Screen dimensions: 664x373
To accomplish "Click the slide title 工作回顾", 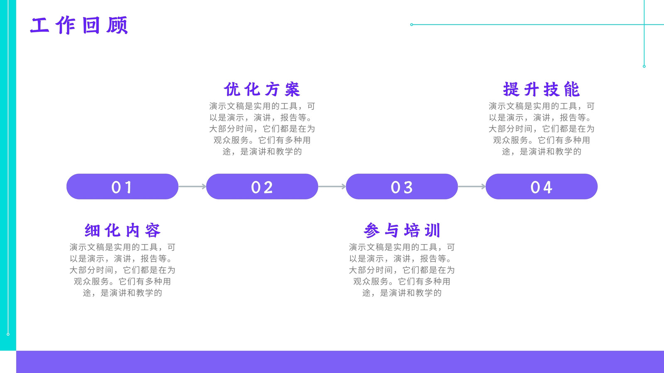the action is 79,25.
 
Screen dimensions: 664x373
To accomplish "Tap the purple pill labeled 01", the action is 122,186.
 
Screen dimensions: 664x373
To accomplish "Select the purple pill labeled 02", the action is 262,186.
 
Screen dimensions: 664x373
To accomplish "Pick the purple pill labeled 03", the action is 402,186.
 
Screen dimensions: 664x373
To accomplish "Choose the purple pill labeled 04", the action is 542,186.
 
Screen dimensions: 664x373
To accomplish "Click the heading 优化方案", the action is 262,89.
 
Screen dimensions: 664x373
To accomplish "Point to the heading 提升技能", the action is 542,89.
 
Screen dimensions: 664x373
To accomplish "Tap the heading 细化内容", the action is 122,230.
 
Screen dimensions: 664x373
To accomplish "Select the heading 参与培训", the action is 402,230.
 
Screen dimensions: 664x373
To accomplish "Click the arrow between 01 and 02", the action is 193,186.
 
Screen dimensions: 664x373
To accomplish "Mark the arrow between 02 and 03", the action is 332,186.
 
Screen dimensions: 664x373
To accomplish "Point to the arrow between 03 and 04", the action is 472,186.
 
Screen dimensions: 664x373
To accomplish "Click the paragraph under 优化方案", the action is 262,129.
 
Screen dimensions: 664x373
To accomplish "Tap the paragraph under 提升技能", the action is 542,129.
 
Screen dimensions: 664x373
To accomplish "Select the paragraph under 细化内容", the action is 122,270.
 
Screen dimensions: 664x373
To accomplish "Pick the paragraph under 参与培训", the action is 402,270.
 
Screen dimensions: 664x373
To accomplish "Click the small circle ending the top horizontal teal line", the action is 411,24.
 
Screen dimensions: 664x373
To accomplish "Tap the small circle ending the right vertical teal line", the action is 644,66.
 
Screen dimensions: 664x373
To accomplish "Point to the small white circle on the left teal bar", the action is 8,334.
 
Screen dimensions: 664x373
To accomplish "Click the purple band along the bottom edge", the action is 340,362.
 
